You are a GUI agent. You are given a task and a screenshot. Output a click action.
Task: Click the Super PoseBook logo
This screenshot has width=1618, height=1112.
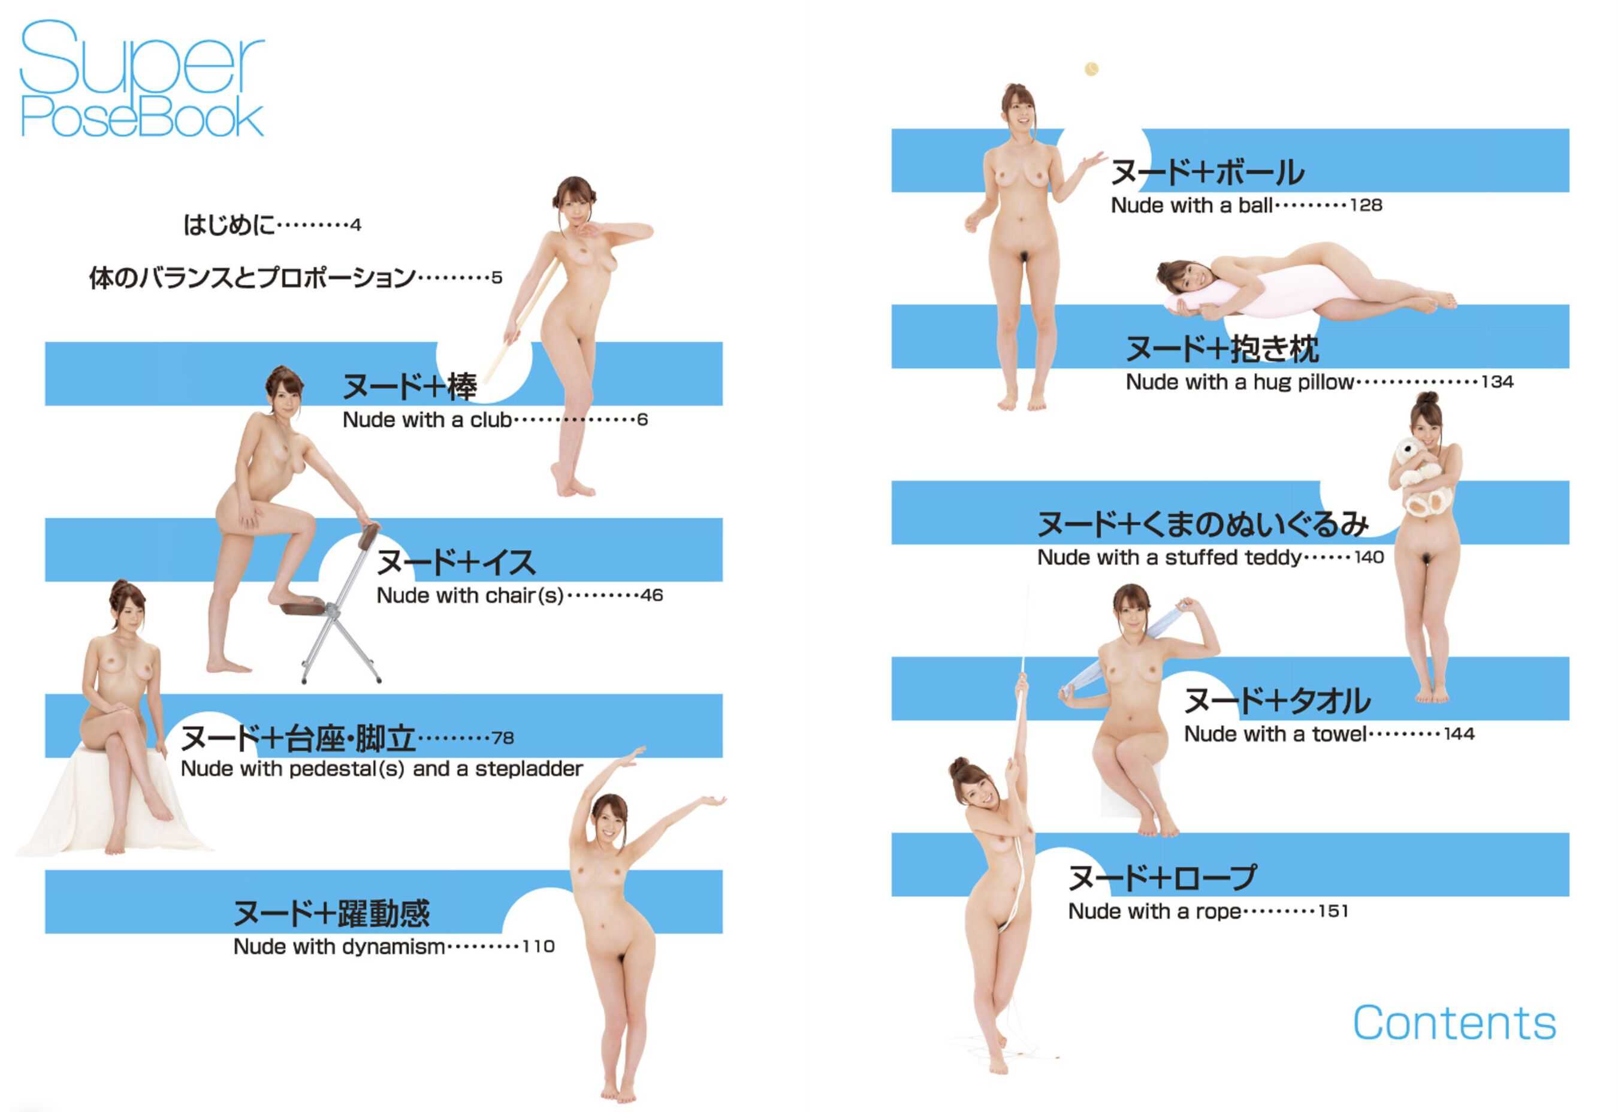[x=141, y=78]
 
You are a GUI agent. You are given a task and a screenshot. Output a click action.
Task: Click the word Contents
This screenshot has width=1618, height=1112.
[x=1454, y=1023]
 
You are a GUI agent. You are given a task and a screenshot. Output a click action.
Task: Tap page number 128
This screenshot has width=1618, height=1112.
[x=1366, y=206]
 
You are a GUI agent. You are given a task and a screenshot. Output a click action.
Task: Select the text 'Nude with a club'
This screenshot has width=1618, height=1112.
[x=427, y=420]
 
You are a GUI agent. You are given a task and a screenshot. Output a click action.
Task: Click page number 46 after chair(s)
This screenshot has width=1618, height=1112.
[x=651, y=596]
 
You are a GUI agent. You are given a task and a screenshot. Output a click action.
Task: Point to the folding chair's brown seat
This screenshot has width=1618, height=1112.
[x=305, y=608]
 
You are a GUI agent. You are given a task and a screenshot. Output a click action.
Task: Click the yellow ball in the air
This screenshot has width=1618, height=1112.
[x=1091, y=69]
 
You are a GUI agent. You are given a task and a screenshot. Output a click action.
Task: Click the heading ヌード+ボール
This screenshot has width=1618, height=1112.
[x=1207, y=172]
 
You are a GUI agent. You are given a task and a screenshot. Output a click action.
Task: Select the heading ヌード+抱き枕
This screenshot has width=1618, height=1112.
[x=1222, y=348]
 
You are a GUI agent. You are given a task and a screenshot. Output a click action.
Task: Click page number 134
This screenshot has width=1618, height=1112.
[x=1498, y=382]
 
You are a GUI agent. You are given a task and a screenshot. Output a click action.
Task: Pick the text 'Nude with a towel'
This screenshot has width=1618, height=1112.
[x=1276, y=735]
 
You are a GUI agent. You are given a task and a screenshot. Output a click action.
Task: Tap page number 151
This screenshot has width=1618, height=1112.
[x=1333, y=911]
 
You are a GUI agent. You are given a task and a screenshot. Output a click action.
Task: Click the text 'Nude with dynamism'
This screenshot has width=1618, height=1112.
[x=339, y=947]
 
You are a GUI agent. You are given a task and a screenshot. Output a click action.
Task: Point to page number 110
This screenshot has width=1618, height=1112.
[x=539, y=947]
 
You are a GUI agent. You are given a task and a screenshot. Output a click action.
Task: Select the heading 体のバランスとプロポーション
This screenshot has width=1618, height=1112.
[x=252, y=278]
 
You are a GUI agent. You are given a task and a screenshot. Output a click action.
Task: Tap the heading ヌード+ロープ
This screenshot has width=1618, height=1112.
[x=1163, y=878]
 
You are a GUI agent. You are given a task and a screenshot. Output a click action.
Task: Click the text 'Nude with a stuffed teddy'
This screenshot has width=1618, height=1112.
[x=1169, y=558]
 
